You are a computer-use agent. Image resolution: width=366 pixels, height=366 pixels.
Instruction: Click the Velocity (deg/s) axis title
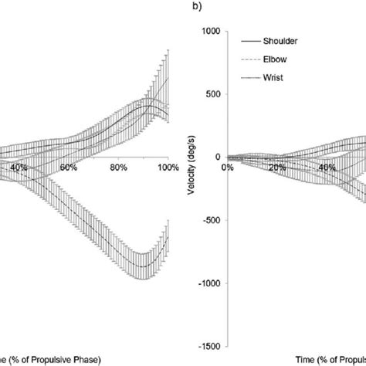(x=190, y=188)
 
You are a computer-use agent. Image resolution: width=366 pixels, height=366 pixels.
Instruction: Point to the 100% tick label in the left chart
(x=167, y=167)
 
